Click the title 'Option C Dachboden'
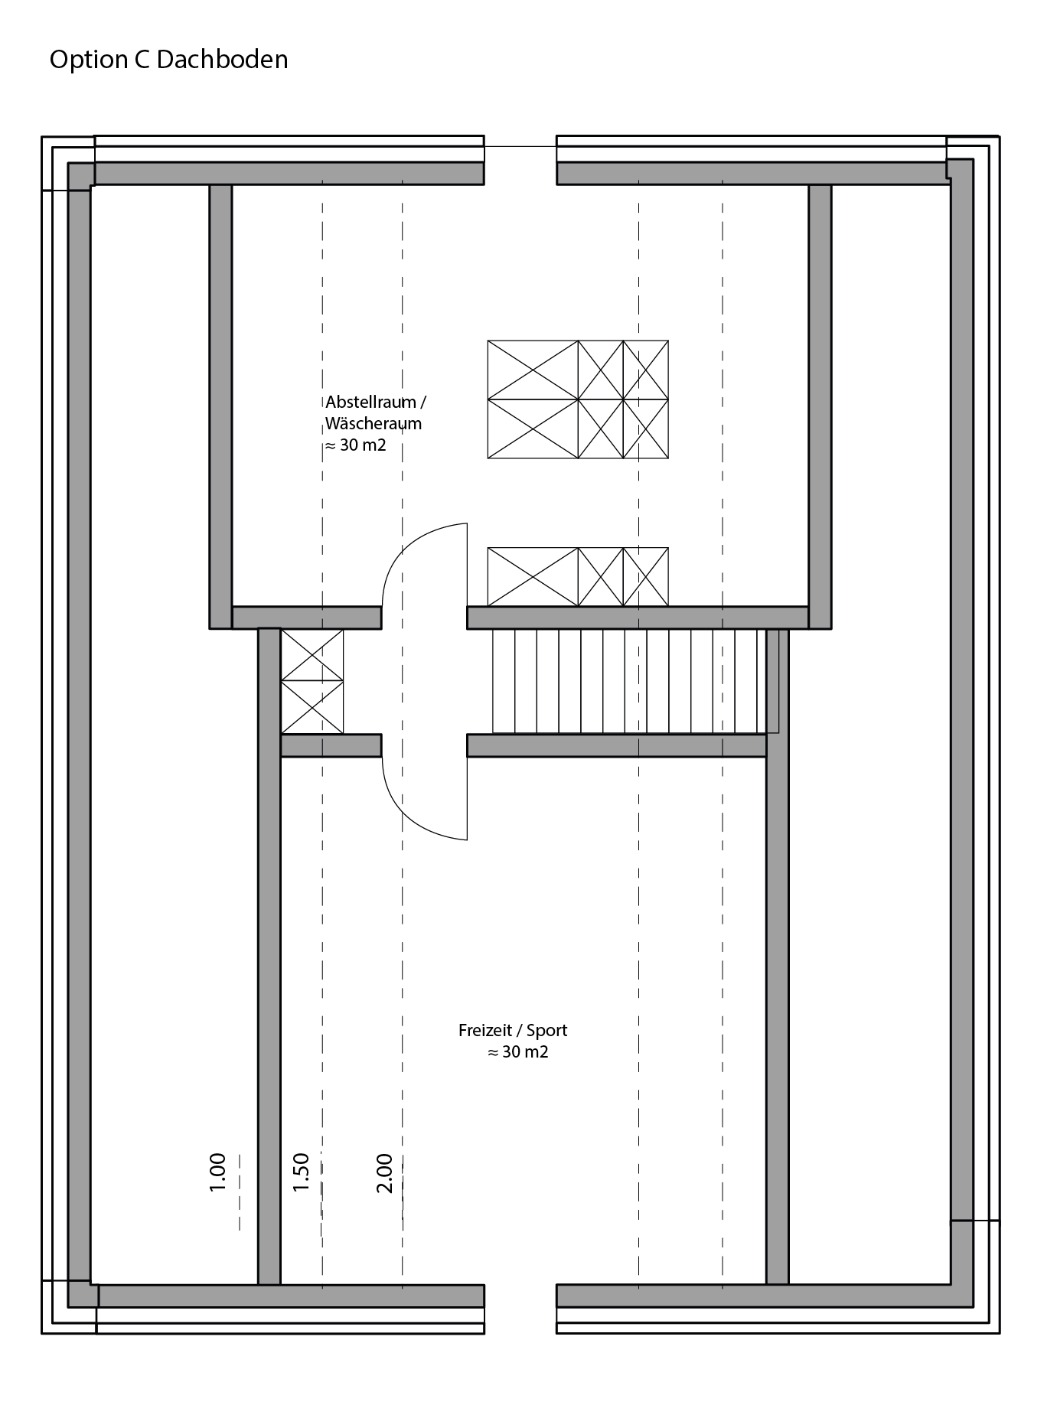pos(168,60)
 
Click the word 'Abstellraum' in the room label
pos(370,402)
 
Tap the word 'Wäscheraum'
pos(374,423)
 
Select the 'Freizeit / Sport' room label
pos(513,1030)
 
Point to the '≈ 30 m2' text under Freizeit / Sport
pos(518,1051)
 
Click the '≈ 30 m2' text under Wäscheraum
pos(356,445)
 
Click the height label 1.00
pos(217,1172)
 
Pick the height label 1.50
pos(301,1172)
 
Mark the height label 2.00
pos(384,1173)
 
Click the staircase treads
pos(629,681)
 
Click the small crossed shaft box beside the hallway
pos(312,681)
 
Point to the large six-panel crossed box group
pos(578,399)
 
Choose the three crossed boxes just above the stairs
pos(578,577)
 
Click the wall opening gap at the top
pos(520,161)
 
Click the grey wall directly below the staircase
pos(616,745)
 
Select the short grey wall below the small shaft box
pos(331,745)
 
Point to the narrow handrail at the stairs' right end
pos(773,681)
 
